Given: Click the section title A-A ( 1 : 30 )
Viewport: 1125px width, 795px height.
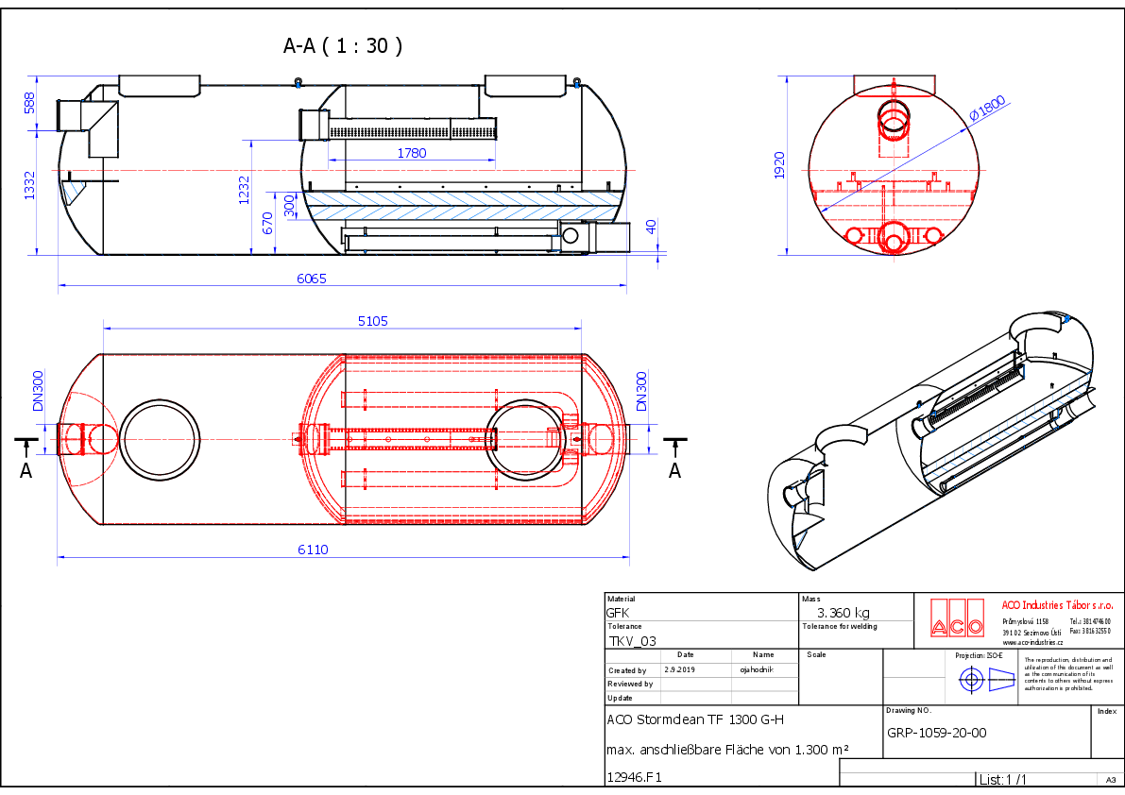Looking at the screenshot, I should click(x=343, y=45).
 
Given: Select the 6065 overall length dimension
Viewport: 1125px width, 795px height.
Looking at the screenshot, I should click(x=311, y=279).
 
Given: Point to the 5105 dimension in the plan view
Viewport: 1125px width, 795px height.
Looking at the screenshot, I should click(x=372, y=321).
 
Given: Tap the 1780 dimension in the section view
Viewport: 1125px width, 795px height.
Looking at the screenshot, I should click(x=411, y=153).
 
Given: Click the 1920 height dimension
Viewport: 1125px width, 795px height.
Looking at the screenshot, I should click(x=779, y=165).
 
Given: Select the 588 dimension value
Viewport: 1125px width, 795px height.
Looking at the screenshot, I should click(x=29, y=103).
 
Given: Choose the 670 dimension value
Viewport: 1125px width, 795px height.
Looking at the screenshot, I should click(x=267, y=223).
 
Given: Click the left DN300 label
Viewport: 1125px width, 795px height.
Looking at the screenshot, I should click(x=39, y=390).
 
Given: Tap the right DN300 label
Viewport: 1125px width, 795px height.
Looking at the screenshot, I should click(x=641, y=390).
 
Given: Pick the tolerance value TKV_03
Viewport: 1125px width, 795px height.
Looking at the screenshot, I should click(x=632, y=640).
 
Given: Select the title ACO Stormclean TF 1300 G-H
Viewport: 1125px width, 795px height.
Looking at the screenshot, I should click(x=694, y=719).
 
